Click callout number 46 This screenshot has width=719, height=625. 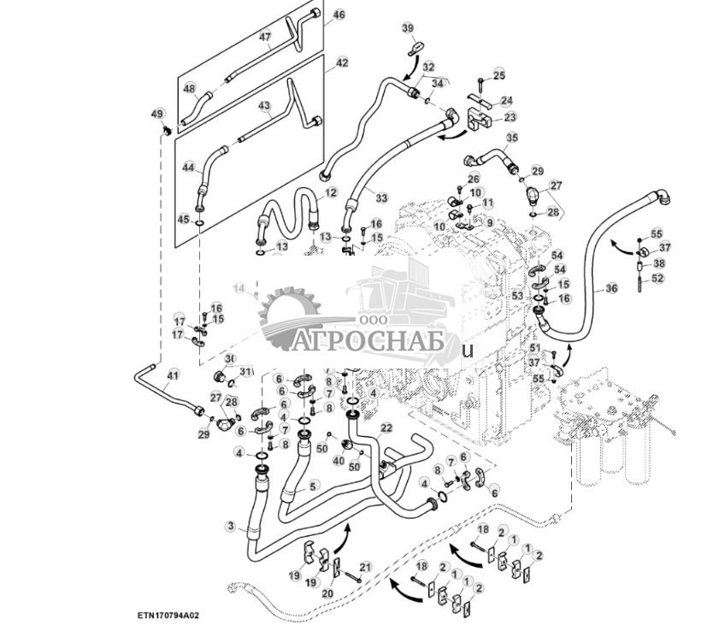[339, 15]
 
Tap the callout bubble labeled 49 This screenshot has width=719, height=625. [157, 114]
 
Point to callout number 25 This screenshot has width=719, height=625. [499, 76]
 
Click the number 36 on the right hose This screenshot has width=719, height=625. [610, 289]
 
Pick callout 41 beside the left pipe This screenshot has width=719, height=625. [173, 374]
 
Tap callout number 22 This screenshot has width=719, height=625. [386, 427]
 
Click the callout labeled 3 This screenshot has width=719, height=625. [230, 525]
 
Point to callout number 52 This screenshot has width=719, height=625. [657, 278]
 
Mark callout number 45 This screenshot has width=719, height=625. [183, 219]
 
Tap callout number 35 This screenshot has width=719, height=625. [512, 137]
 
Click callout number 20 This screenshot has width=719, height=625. [328, 593]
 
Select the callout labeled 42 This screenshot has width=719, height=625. [342, 63]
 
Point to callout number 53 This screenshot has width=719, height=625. [517, 295]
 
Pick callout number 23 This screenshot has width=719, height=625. [510, 117]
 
